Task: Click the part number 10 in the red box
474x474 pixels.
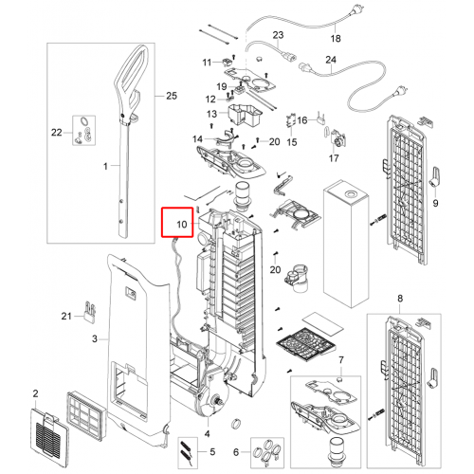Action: [x=182, y=225]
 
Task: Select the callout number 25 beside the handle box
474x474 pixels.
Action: [x=172, y=96]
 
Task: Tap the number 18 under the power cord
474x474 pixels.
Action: [x=336, y=39]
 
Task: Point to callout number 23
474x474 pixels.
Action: [x=278, y=35]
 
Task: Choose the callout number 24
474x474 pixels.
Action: [x=331, y=60]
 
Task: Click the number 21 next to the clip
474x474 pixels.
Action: [x=66, y=316]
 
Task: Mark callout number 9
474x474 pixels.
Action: [x=435, y=203]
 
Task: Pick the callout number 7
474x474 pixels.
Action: [x=341, y=360]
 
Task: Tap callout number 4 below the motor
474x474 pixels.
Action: [x=207, y=434]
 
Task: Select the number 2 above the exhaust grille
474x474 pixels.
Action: [x=35, y=393]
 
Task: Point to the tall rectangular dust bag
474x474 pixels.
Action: [x=346, y=244]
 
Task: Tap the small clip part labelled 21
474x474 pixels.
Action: [x=90, y=312]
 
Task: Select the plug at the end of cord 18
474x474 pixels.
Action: [x=352, y=13]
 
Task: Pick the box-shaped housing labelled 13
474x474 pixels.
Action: [x=245, y=115]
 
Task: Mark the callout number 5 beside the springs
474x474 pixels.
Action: [x=212, y=452]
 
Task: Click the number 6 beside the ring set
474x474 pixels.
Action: [x=236, y=452]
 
